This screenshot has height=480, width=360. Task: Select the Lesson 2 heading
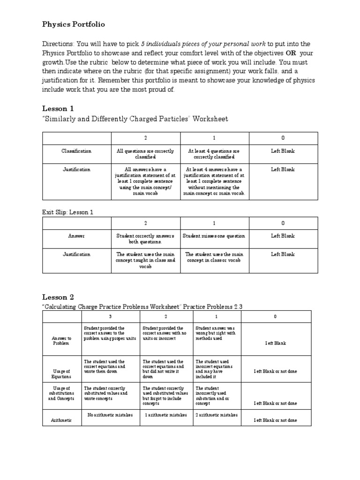58,297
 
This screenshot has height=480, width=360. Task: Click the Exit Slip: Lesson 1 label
68,212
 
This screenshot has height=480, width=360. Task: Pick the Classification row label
76,151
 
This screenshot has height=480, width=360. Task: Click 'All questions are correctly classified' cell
145,154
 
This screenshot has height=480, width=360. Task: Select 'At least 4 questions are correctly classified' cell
214,154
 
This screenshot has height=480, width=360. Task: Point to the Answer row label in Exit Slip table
76,236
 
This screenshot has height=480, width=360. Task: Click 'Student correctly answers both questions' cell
145,239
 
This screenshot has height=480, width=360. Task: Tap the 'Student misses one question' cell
214,236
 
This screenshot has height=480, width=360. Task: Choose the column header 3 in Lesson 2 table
110,316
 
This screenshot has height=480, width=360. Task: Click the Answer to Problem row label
62,340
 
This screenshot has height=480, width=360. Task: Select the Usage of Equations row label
62,374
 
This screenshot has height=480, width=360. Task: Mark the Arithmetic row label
62,420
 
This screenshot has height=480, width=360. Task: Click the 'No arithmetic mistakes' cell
110,415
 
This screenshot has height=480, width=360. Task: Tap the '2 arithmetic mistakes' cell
216,415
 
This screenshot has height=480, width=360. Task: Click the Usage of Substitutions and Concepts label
62,393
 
